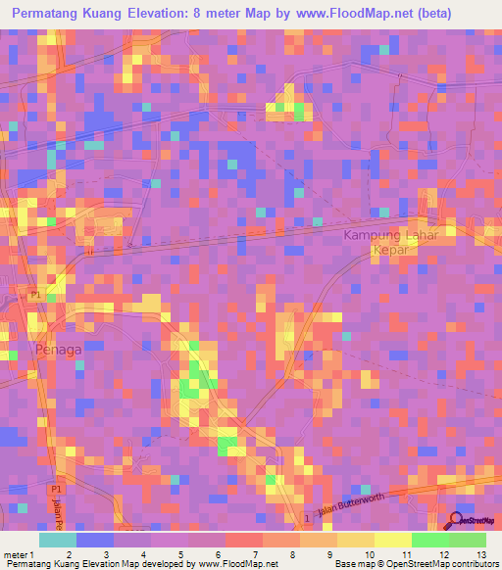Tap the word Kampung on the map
coord(372,236)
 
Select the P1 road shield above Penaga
coord(34,295)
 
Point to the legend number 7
coord(254,554)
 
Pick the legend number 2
coord(68,554)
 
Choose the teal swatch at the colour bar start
coord(58,540)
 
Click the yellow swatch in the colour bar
coord(393,540)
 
